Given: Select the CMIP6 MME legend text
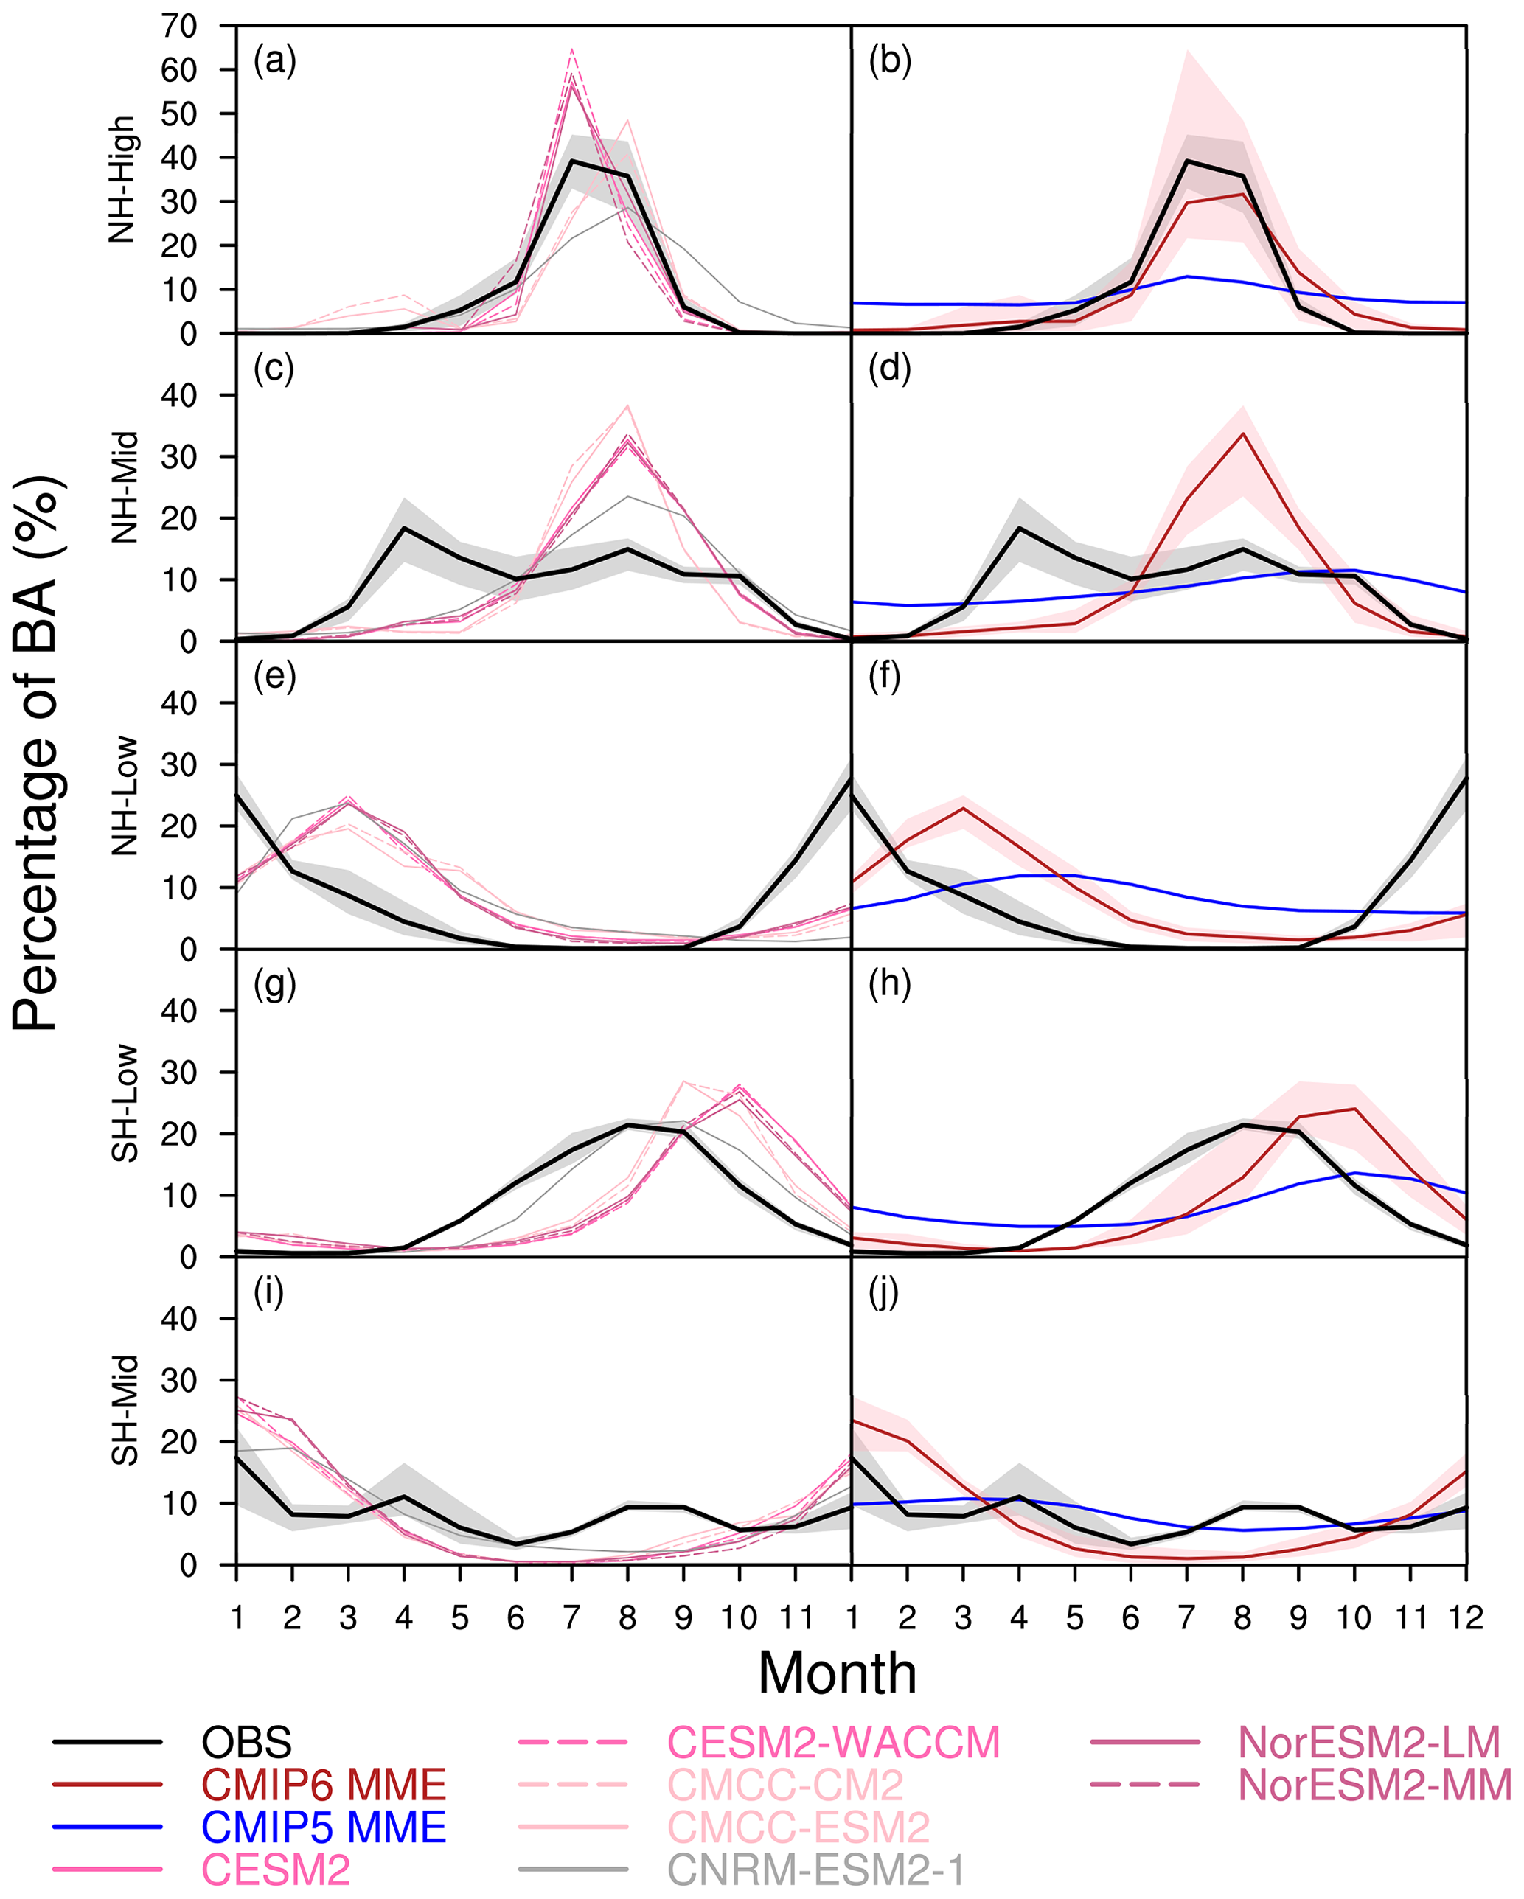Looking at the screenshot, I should [323, 1785].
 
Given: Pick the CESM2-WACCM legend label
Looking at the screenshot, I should [833, 1742].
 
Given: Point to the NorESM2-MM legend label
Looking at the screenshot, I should [1374, 1785].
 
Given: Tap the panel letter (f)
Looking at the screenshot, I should [885, 677].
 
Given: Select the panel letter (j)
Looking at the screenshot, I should [883, 1292].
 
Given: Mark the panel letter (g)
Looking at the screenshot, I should [275, 985].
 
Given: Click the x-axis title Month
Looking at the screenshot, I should [837, 1673].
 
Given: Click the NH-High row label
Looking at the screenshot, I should [122, 180].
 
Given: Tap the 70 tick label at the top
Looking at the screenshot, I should [179, 27].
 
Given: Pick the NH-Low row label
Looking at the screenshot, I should [124, 795].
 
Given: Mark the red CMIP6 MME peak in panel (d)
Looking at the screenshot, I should [1242, 433].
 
